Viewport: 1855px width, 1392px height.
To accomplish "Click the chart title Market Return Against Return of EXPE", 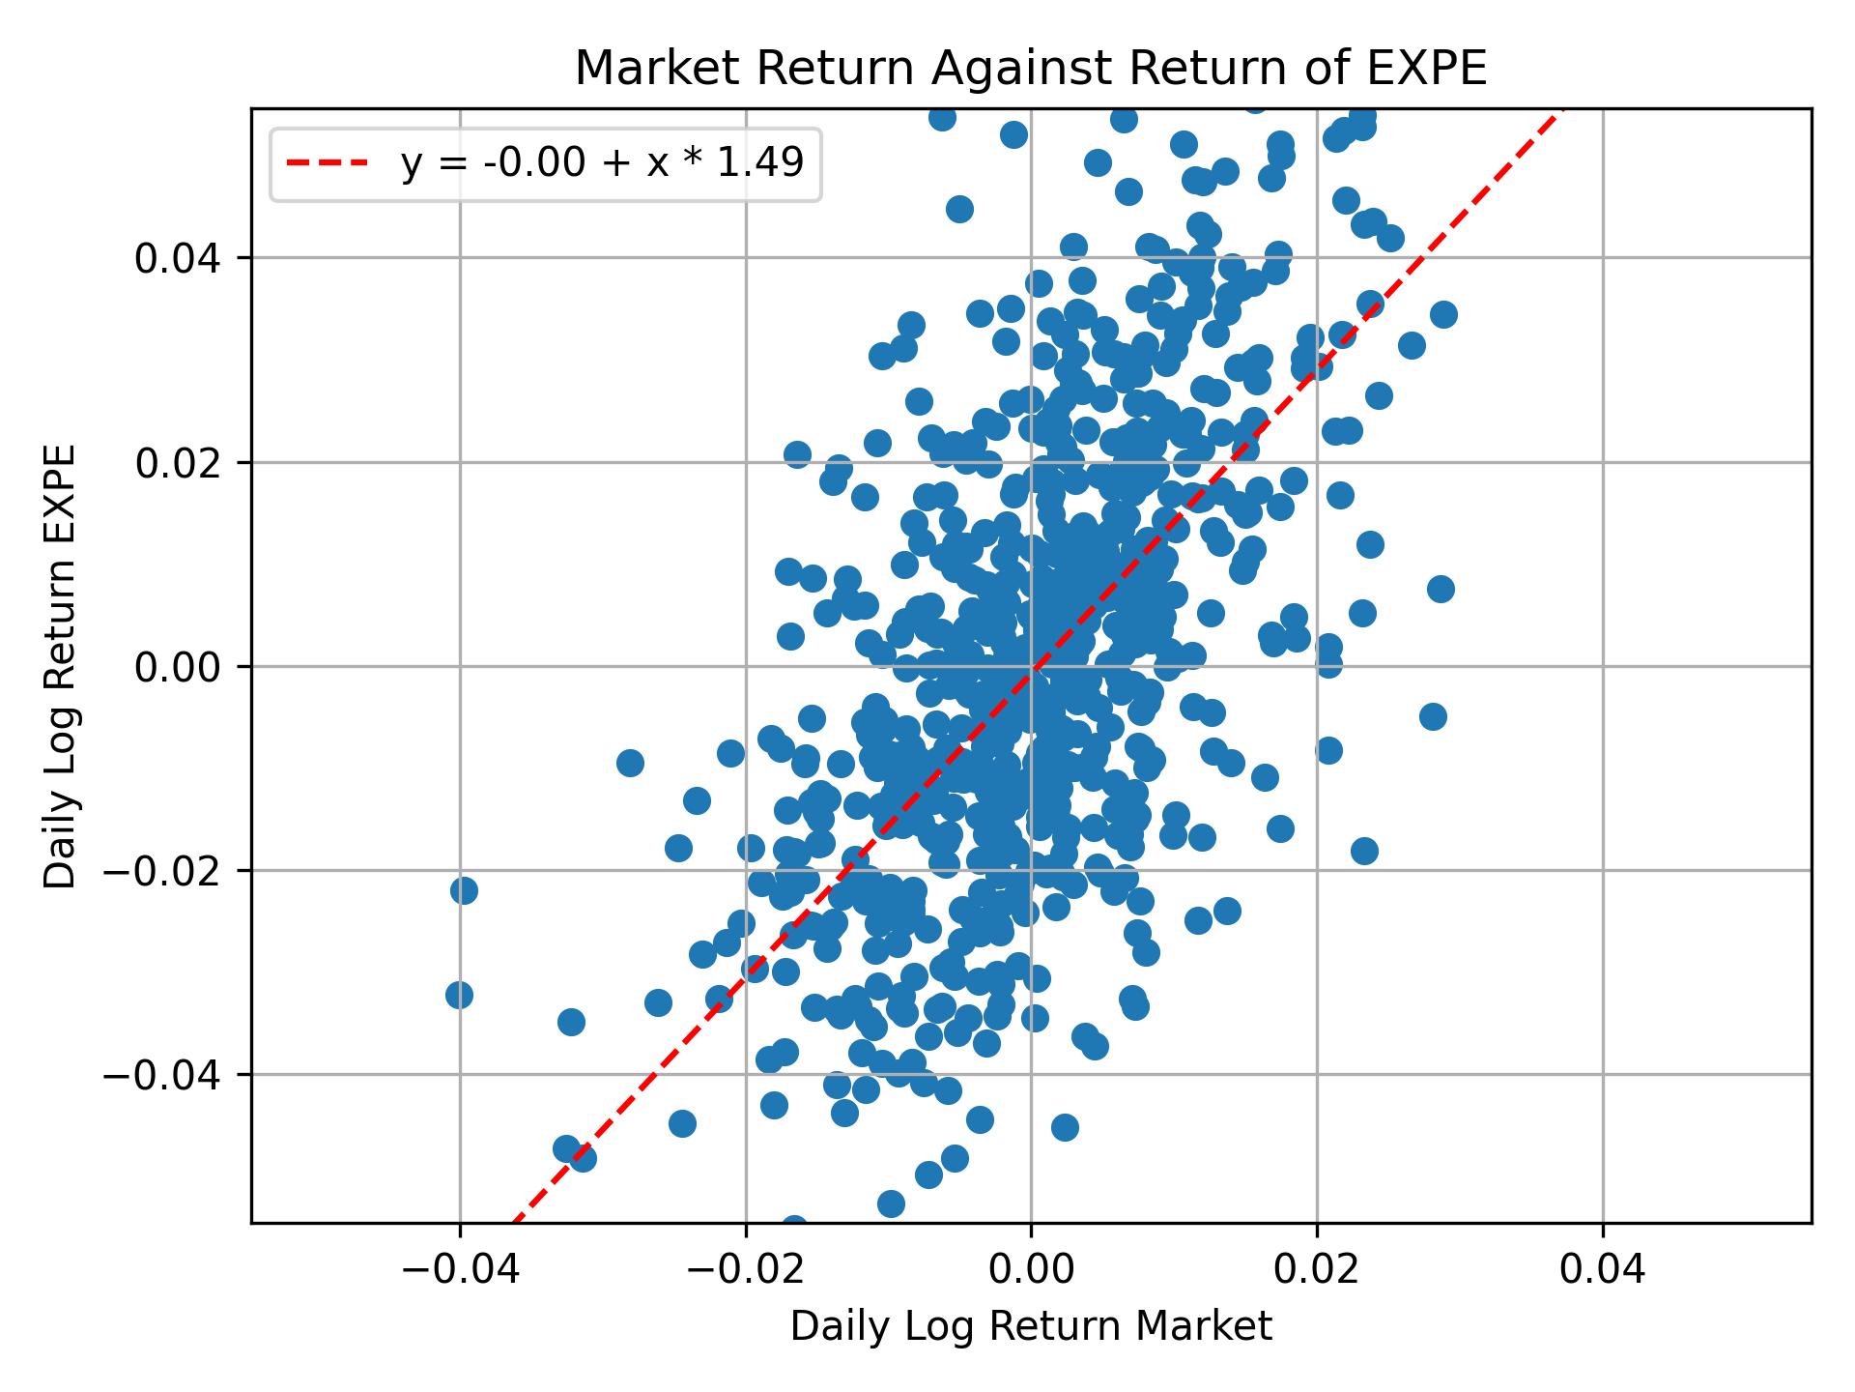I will (1030, 70).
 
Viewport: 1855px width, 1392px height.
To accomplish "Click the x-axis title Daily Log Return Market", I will (1030, 1327).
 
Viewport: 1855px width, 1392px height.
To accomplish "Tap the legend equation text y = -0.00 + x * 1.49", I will (602, 164).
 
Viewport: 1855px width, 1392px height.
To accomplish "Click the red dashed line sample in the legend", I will (327, 164).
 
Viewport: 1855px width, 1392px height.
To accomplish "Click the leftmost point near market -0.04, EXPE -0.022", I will (464, 890).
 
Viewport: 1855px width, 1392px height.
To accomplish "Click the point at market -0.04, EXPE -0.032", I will (459, 995).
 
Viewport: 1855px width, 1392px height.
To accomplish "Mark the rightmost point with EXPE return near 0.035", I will (1443, 314).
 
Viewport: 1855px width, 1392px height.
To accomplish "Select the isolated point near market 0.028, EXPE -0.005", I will (1433, 716).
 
